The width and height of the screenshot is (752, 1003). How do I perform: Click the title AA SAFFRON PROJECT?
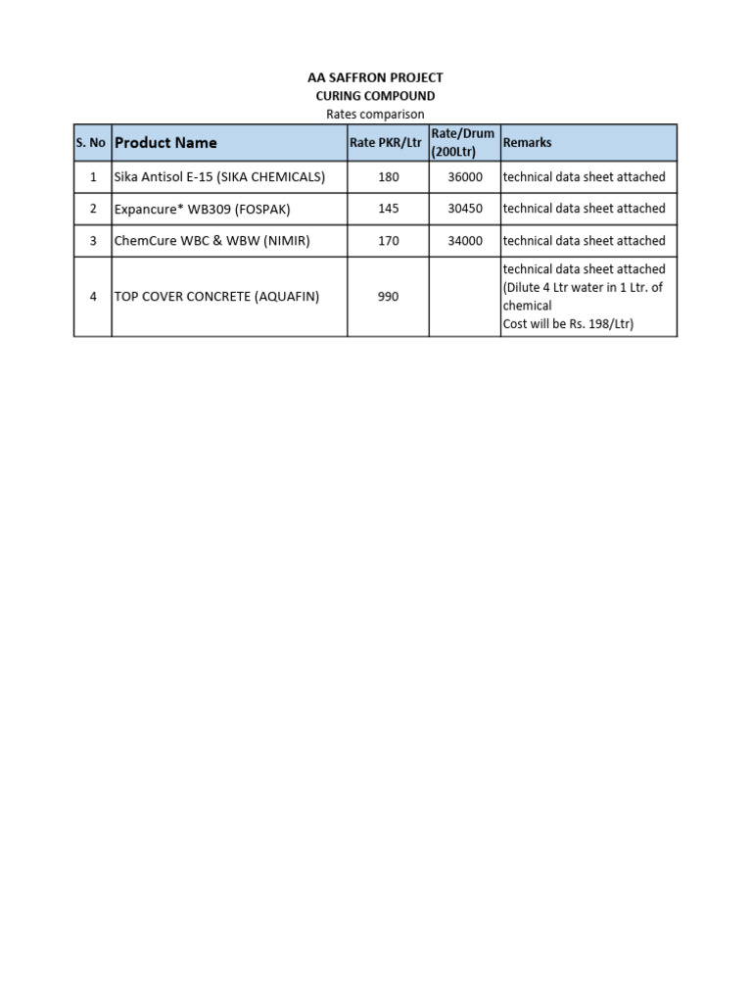pyautogui.click(x=376, y=77)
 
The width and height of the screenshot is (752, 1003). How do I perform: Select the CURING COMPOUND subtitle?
pyautogui.click(x=376, y=96)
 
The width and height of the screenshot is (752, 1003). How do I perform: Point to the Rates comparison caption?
pyautogui.click(x=376, y=115)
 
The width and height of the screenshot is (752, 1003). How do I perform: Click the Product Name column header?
pyautogui.click(x=165, y=143)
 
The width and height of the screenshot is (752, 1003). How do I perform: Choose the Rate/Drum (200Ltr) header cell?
pyautogui.click(x=463, y=143)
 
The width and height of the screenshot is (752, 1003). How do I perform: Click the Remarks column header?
pyautogui.click(x=527, y=143)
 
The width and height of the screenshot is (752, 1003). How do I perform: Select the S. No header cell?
pyautogui.click(x=91, y=143)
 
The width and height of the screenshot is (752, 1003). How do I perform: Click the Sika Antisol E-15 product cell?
pyautogui.click(x=219, y=177)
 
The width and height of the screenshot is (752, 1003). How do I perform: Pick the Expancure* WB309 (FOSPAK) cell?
pyautogui.click(x=203, y=209)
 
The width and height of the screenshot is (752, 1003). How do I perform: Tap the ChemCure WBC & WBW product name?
pyautogui.click(x=211, y=241)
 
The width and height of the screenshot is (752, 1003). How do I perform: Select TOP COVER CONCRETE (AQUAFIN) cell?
pyautogui.click(x=216, y=296)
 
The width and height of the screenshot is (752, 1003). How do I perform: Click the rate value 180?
pyautogui.click(x=388, y=177)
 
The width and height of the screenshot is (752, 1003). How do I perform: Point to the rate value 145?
pyautogui.click(x=388, y=209)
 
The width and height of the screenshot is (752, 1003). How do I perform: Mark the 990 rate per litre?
pyautogui.click(x=388, y=296)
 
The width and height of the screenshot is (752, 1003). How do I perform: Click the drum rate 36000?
pyautogui.click(x=465, y=177)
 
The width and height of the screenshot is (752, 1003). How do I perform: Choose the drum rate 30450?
pyautogui.click(x=465, y=209)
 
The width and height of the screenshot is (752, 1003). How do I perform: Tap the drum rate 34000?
pyautogui.click(x=465, y=241)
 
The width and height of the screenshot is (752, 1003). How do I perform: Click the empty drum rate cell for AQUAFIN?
pyautogui.click(x=464, y=296)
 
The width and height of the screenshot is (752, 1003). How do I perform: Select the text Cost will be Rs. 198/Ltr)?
pyautogui.click(x=568, y=324)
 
